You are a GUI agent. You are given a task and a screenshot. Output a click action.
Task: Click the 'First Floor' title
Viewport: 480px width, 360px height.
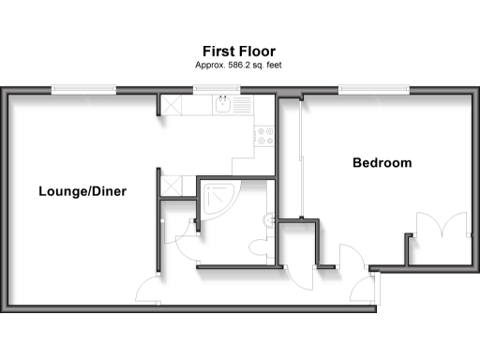pos(239,51)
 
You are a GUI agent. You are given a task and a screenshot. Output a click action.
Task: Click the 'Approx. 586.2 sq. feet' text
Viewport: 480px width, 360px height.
pos(239,66)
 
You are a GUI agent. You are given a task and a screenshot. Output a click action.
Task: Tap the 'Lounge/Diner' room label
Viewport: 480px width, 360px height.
pos(82,191)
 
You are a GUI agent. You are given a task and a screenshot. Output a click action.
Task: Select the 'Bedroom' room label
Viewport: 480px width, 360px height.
pos(382,163)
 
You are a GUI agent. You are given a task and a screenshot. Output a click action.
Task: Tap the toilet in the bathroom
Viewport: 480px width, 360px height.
pos(261,247)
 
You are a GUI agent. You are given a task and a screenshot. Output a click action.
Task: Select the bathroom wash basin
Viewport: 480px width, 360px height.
pos(270,220)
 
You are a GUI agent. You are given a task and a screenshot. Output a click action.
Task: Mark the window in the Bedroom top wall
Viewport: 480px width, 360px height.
pos(374,90)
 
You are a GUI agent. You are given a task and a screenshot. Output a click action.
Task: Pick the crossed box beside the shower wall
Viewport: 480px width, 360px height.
pos(171,183)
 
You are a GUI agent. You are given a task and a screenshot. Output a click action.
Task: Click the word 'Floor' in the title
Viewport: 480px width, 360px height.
pos(257,51)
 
